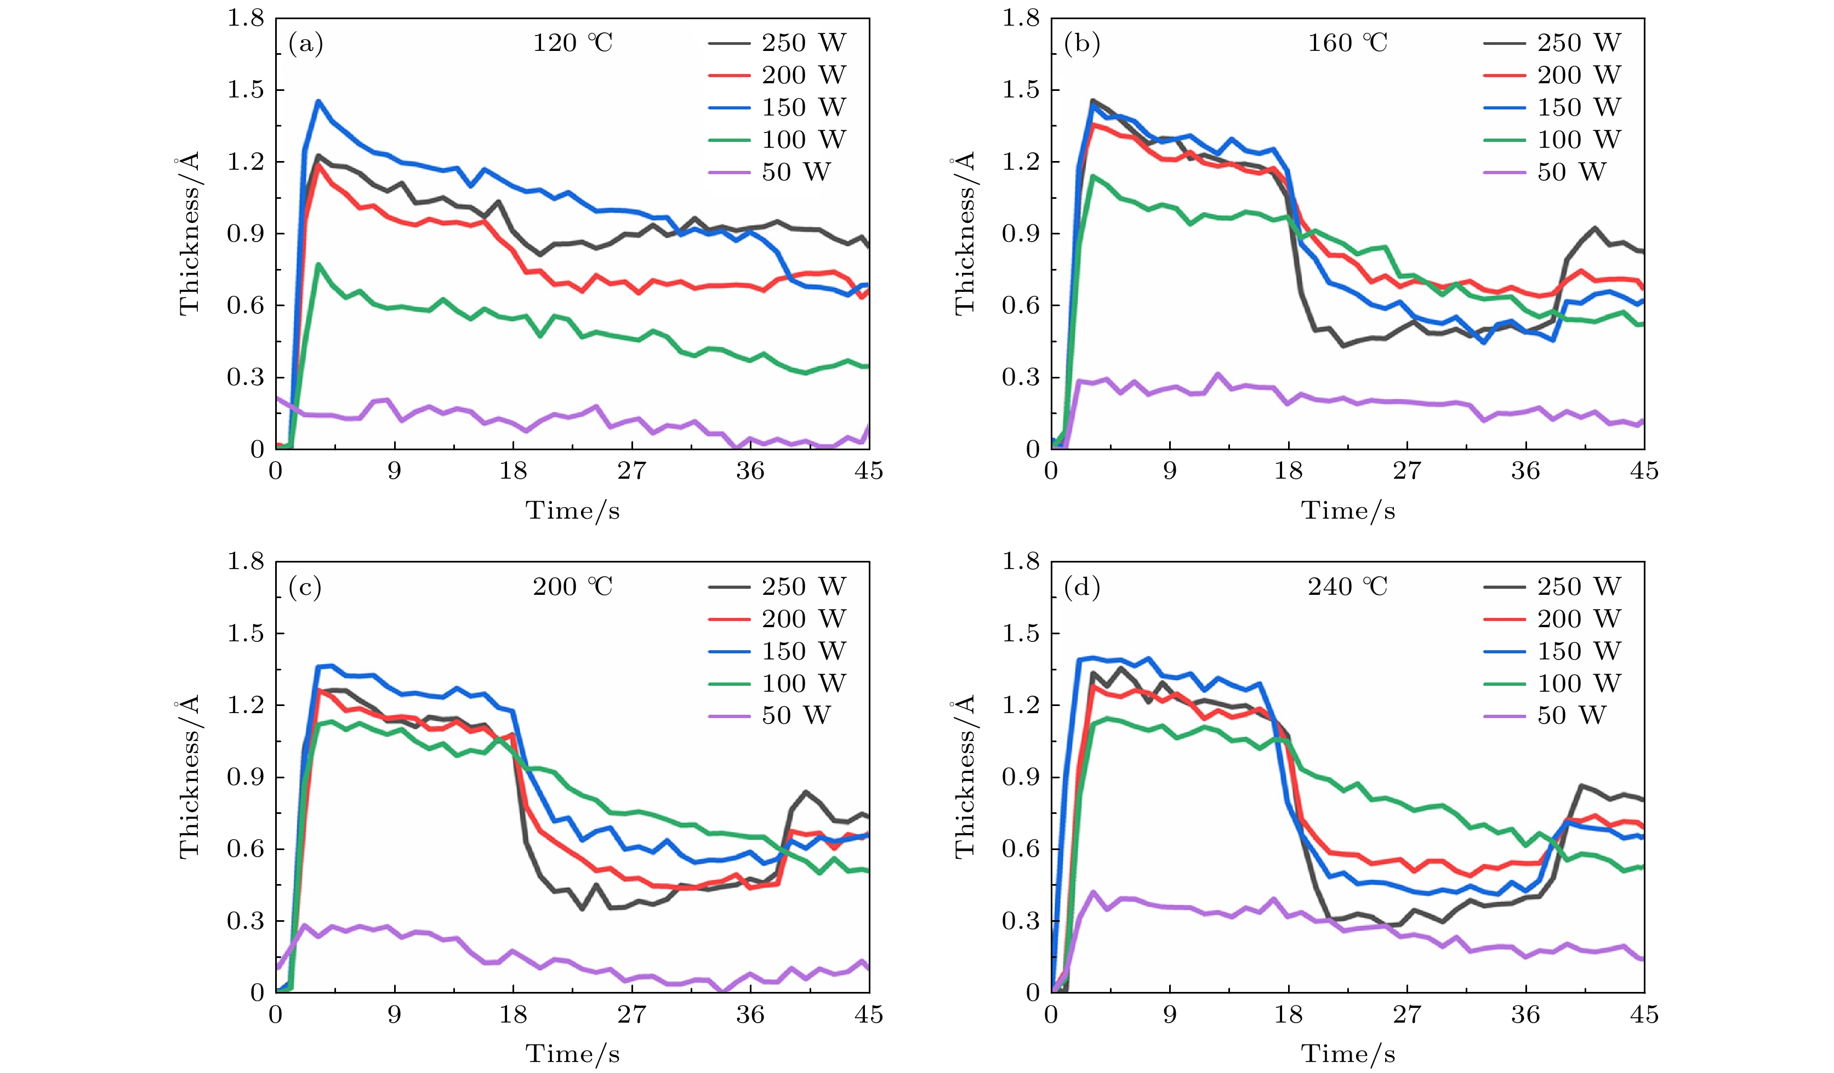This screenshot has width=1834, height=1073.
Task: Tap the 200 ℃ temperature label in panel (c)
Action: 573,586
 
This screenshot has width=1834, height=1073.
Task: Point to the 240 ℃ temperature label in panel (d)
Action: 1348,586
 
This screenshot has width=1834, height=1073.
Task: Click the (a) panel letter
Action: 306,44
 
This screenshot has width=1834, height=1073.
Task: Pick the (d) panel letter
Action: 1081,587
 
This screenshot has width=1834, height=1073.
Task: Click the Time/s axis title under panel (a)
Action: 573,510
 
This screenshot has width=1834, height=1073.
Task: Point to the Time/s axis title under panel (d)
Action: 1348,1054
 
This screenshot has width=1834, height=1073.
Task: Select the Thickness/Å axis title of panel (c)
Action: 189,776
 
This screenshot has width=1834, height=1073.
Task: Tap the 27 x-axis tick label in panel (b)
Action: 1407,472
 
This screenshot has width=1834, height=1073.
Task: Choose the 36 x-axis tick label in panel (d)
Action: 1525,1015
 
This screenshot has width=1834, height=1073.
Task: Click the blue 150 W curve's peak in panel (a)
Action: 318,102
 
